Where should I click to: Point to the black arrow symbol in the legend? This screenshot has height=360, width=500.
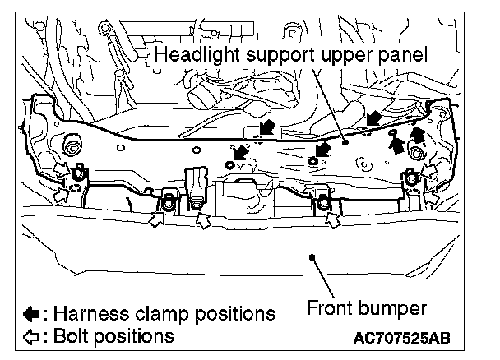(30, 314)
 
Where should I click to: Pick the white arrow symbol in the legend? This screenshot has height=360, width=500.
(30, 335)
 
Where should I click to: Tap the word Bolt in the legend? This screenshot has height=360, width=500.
(68, 335)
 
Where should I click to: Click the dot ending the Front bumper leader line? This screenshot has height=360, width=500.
(312, 256)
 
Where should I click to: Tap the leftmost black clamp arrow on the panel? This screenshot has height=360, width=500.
(239, 153)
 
